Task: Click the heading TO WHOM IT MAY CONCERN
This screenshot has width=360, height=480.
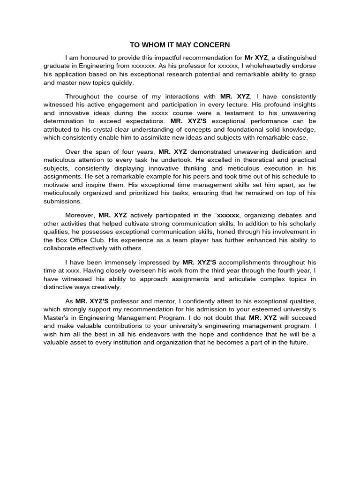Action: pos(180,45)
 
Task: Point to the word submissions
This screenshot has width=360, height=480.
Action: pos(63,201)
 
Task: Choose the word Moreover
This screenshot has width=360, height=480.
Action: pos(80,215)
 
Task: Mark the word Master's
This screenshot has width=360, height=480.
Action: pos(56,317)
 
